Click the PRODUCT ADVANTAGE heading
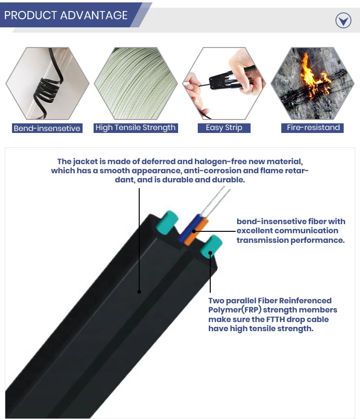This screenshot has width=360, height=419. coord(66,15)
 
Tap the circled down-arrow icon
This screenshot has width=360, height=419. coord(343,20)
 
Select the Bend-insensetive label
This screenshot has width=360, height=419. coord(47,128)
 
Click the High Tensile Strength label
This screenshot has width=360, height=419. coord(135,128)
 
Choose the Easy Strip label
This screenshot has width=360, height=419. coord(224,128)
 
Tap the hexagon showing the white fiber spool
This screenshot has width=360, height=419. coord(136,84)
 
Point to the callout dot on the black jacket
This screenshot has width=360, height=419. coord(139,292)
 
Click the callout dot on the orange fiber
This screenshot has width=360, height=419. coord(194,231)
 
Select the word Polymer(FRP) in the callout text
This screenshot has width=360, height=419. coord(235,310)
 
